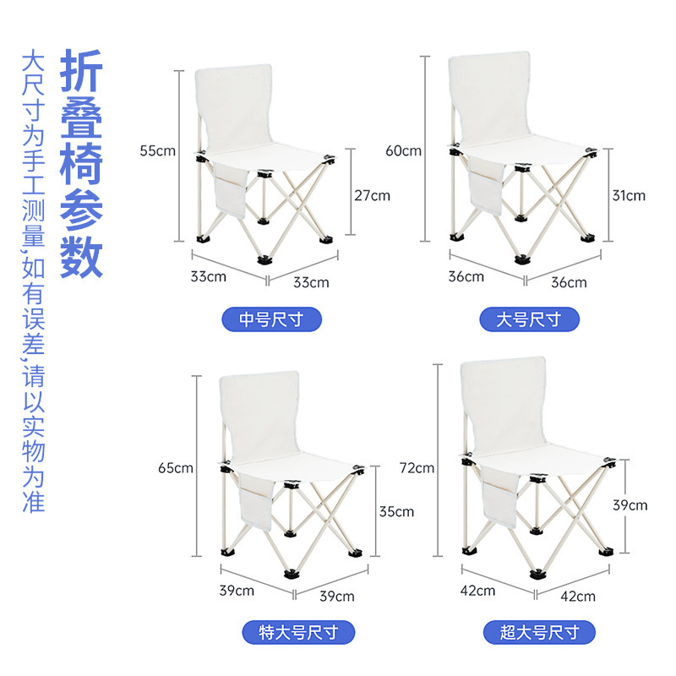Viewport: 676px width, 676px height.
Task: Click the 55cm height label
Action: point(157,151)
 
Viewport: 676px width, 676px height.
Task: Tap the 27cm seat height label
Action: point(372,196)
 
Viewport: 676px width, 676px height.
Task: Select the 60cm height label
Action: point(403,151)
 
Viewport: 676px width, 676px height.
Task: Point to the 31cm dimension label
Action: point(629,196)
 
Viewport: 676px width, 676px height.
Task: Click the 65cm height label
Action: point(176,468)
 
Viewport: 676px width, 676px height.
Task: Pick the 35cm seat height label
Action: point(396,512)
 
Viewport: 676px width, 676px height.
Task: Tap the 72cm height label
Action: point(417,468)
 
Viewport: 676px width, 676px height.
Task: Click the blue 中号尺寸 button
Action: point(271,319)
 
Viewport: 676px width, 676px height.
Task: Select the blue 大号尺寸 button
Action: point(530,319)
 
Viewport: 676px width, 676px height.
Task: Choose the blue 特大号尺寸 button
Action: point(298,632)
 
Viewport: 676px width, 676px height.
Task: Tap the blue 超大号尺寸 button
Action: point(539,632)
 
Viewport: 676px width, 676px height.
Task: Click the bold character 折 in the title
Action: point(81,71)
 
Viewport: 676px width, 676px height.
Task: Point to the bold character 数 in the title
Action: point(81,257)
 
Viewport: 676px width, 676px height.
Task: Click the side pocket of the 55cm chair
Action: point(231,189)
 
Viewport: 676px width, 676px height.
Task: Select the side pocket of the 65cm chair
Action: point(256,501)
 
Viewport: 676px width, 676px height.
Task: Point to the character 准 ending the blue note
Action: point(34,502)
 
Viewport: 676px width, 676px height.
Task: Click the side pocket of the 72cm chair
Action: point(500,498)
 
